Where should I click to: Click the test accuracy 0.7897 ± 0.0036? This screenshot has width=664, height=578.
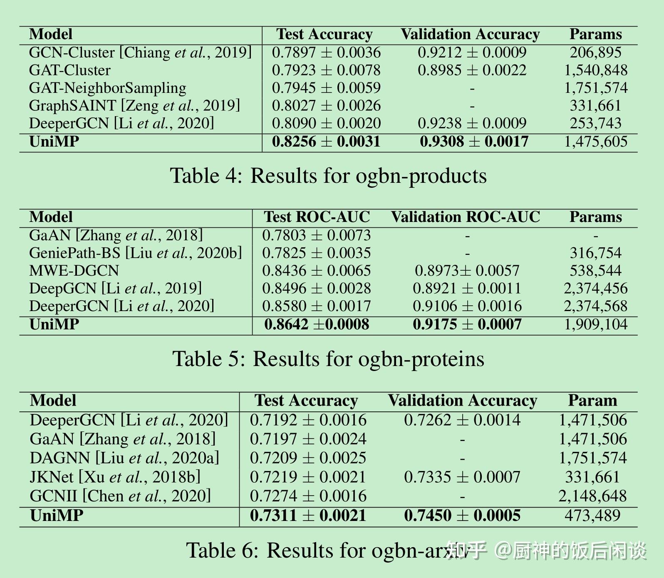[326, 52]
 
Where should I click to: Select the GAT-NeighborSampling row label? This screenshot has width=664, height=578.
[107, 88]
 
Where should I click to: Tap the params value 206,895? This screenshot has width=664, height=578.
[595, 52]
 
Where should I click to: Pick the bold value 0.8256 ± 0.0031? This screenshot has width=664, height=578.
[326, 142]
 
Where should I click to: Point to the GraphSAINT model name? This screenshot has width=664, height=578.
[72, 106]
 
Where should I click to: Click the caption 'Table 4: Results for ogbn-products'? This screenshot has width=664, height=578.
[328, 176]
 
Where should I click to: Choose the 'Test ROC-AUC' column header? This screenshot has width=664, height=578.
[317, 217]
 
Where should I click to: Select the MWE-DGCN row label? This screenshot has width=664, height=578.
[74, 271]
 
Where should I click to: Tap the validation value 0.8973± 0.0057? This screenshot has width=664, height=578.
[467, 271]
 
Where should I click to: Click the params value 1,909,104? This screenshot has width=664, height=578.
[595, 324]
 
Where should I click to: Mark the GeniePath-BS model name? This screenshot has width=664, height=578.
[75, 253]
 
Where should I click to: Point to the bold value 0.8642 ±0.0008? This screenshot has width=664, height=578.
[317, 324]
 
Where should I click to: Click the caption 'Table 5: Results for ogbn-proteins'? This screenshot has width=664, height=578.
[328, 359]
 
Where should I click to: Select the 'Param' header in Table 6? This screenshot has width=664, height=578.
[592, 401]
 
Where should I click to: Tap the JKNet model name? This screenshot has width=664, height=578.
[52, 477]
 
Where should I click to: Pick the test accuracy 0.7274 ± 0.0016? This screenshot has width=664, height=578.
[308, 496]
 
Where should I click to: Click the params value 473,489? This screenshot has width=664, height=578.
[592, 516]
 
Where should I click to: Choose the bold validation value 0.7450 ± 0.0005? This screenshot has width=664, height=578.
[462, 516]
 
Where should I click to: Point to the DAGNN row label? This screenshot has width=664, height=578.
[60, 458]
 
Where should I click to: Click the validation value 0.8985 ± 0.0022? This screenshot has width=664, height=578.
[472, 70]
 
